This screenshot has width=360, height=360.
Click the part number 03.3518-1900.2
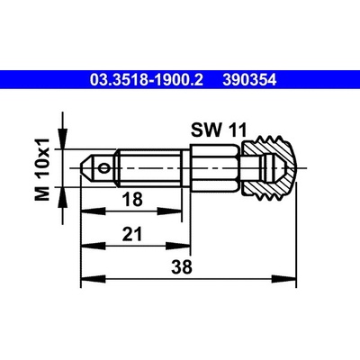147,80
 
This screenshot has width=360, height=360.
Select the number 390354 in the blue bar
249,80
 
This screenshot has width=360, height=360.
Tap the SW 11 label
219,130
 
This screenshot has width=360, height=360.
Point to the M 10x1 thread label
42,169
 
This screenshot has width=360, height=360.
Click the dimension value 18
132,199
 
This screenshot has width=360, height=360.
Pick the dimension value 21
132,234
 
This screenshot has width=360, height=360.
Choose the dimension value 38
182,266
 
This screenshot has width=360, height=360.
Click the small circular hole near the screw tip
104,168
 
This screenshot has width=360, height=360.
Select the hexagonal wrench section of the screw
215,168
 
